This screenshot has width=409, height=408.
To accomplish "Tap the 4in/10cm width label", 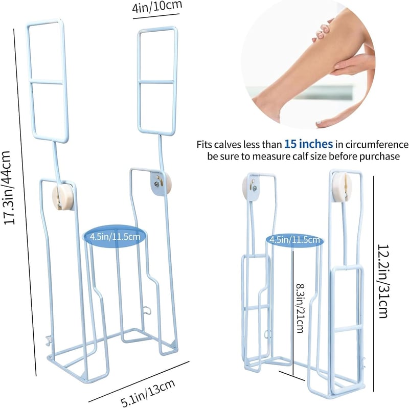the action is pos(157,7).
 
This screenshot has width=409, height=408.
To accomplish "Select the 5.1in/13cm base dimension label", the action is pos(148,393).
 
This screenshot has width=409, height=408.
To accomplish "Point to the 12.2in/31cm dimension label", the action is pos(384,281).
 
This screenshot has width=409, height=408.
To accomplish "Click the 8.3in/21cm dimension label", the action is pos(301,308).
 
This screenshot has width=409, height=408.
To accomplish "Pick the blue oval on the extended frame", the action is pos(115,237).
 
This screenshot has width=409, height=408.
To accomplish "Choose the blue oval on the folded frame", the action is pos(295,239).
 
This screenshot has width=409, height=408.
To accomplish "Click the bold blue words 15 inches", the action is pos(308,144).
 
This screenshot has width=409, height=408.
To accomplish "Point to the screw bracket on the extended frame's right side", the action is pos(157,184).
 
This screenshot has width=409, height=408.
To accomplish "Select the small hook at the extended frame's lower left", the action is pos(49,341).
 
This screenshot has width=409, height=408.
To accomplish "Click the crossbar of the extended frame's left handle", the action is pos(47,82).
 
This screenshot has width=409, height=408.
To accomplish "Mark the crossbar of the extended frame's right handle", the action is pos(156,82).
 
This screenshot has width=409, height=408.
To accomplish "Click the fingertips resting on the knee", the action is pos(323,30).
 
